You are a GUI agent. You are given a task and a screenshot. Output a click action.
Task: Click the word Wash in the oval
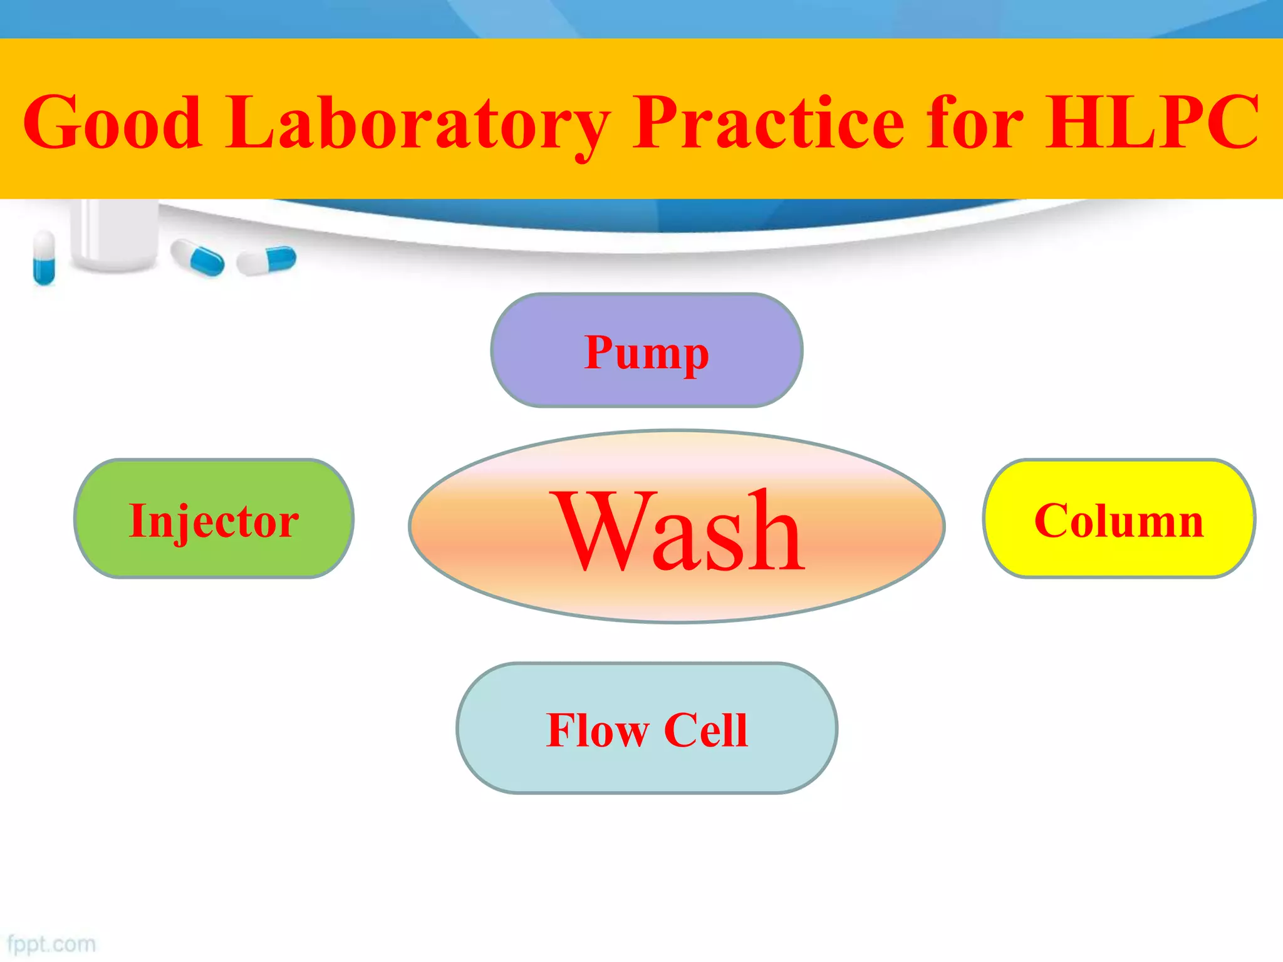678,531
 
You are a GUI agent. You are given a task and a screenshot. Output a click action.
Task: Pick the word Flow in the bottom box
597,730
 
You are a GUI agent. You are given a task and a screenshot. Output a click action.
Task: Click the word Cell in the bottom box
705,730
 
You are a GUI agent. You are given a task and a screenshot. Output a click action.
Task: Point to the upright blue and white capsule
44,257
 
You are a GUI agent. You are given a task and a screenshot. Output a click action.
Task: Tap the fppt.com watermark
51,944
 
